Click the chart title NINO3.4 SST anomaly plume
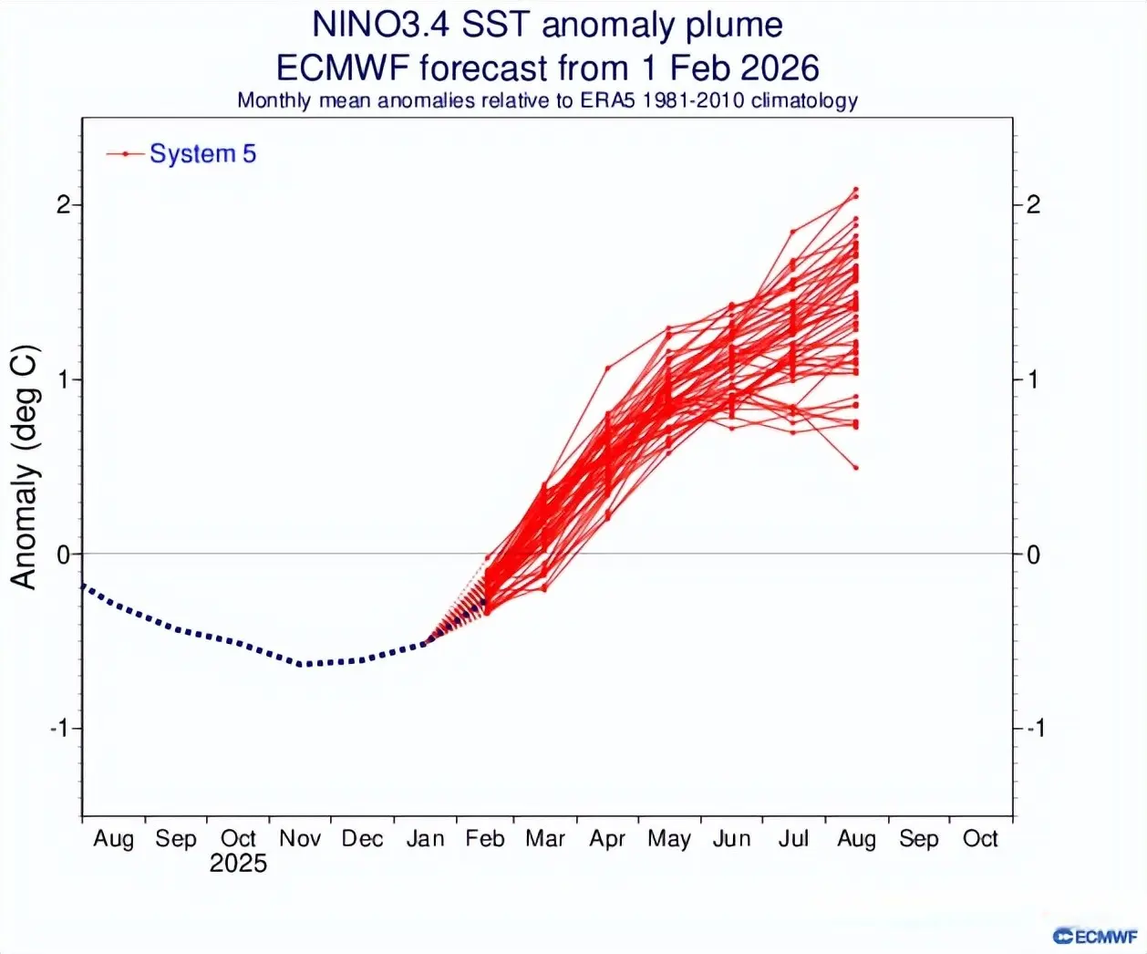click(x=547, y=25)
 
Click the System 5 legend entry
click(x=202, y=154)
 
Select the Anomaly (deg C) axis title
click(x=25, y=467)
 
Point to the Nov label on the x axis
click(x=300, y=839)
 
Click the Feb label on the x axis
click(x=485, y=839)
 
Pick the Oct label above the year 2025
click(x=238, y=839)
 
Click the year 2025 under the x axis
click(x=238, y=864)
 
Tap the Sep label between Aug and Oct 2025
click(x=176, y=839)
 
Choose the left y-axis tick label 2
click(x=63, y=204)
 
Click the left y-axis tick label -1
click(x=60, y=729)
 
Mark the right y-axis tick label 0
click(x=1033, y=555)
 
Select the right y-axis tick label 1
click(x=1033, y=379)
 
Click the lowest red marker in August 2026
click(x=856, y=468)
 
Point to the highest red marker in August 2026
click(x=856, y=190)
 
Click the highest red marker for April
click(x=608, y=368)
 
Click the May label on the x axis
click(x=669, y=839)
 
